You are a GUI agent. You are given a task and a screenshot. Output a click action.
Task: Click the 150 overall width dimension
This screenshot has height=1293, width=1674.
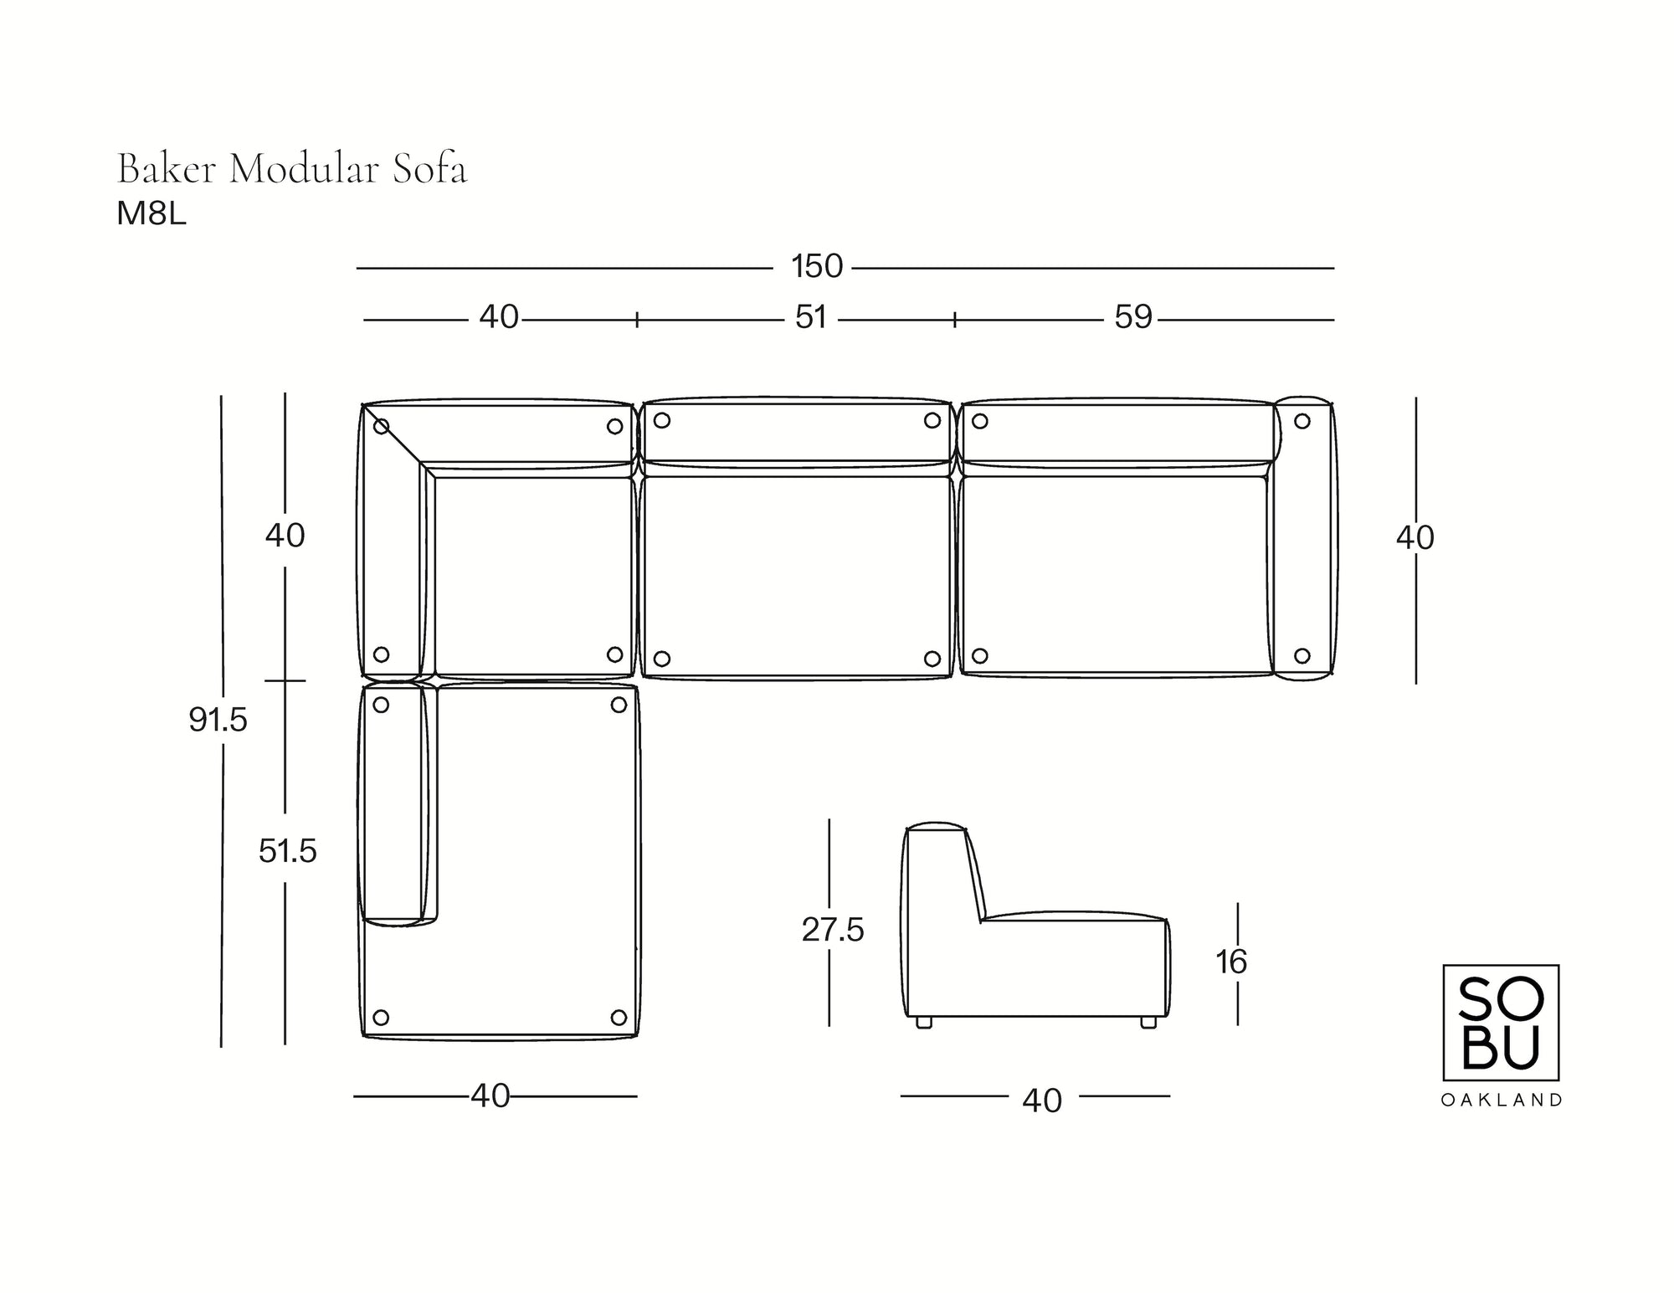click(817, 267)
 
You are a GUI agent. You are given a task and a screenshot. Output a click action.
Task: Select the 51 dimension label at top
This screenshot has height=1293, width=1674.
click(810, 317)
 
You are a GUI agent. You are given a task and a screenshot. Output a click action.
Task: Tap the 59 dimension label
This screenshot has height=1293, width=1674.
click(1133, 317)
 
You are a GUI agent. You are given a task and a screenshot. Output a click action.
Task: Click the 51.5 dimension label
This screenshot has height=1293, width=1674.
click(287, 851)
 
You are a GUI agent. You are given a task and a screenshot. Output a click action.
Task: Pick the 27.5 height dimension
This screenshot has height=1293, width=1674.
click(832, 930)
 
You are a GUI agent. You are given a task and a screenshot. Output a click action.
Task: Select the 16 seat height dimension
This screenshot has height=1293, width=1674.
click(1231, 962)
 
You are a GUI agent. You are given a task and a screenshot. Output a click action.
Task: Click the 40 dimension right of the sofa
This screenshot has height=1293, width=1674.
click(1415, 538)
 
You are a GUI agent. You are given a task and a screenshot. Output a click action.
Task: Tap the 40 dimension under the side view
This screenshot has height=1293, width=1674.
click(1041, 1101)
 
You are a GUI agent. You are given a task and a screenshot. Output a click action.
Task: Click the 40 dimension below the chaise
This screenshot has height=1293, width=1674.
click(490, 1095)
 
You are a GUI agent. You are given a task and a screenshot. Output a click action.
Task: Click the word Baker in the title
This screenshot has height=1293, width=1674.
click(167, 170)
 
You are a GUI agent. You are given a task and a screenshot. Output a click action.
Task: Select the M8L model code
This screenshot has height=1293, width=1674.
click(151, 215)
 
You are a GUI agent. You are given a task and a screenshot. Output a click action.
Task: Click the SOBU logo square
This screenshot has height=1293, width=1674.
click(1500, 1022)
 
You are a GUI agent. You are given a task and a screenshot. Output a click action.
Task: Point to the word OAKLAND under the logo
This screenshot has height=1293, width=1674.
click(1501, 1101)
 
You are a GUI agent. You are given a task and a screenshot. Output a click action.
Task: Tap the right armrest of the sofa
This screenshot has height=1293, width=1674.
click(1303, 538)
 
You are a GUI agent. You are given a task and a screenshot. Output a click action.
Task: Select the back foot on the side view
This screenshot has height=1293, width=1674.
click(924, 1022)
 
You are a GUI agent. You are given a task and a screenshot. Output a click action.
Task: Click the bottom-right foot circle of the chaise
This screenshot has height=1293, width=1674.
click(619, 1018)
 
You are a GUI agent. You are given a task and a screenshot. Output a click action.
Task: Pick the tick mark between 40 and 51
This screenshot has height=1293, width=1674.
click(637, 319)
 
